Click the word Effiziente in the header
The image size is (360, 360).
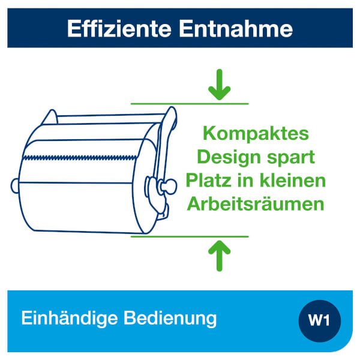pos(119,29)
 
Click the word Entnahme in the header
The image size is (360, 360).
pos(236,29)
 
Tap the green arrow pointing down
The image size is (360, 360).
pos(219,85)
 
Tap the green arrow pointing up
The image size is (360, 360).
pos(219,256)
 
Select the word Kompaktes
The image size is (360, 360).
pos(256,134)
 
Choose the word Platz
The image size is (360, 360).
pos(208,181)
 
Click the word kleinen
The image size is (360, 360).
pos(293,181)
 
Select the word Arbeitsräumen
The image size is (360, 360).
pos(256,204)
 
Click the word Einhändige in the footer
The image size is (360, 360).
pos(70,319)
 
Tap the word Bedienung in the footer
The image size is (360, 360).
pos(170,319)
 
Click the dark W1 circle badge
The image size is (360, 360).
pos(320,321)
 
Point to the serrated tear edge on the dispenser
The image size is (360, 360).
pos(80,158)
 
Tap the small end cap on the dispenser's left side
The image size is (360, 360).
pos(14,186)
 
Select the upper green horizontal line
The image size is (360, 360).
pos(190,104)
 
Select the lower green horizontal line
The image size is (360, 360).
pos(190,236)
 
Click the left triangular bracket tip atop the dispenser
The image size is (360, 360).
pos(52,110)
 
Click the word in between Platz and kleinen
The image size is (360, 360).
pos(245,181)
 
